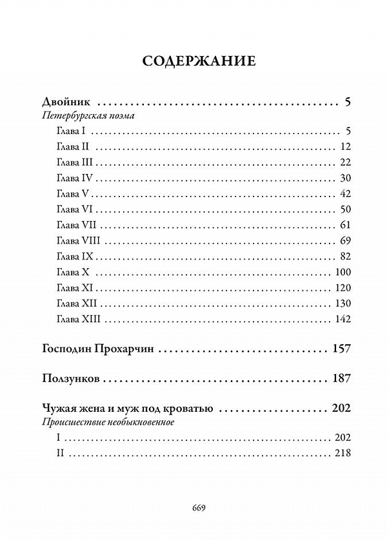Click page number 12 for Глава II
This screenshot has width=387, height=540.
(343, 146)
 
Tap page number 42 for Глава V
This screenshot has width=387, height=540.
(343, 193)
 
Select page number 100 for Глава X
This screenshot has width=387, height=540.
(341, 272)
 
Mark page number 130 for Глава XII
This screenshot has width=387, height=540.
(341, 304)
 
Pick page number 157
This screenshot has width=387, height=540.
(340, 349)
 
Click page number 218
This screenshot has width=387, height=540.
(341, 453)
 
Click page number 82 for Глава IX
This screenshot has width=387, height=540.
(343, 256)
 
